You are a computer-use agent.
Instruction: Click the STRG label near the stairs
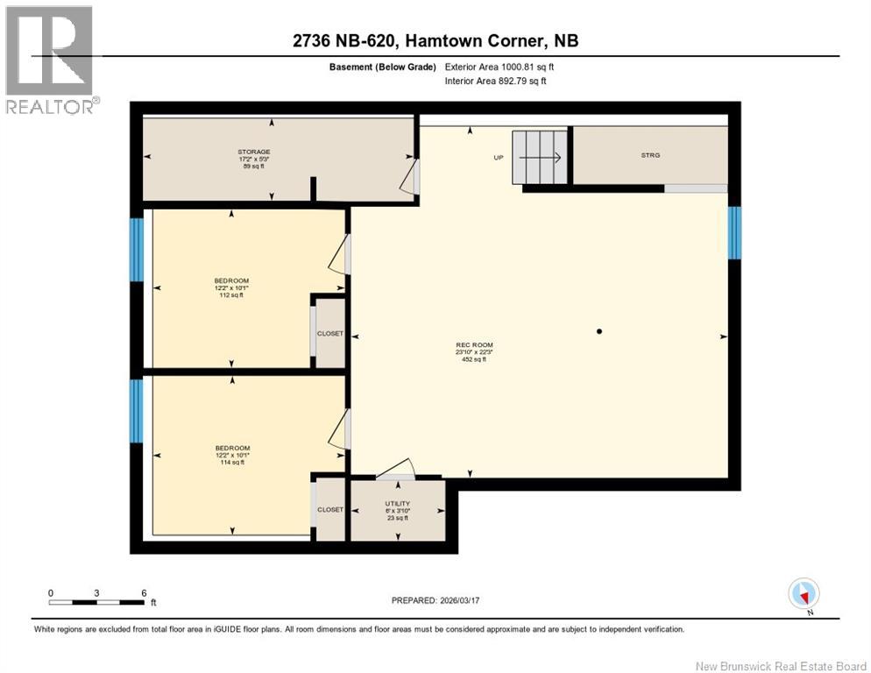click(649, 155)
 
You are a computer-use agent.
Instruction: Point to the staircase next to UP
click(541, 158)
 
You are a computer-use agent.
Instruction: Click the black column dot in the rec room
click(599, 331)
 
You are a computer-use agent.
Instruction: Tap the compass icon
click(804, 593)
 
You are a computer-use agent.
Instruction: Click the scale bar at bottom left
click(96, 601)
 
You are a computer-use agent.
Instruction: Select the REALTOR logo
click(50, 60)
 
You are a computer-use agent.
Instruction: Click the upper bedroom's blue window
click(137, 250)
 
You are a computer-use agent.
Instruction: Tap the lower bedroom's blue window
click(137, 410)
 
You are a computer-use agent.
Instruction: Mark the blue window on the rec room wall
click(734, 233)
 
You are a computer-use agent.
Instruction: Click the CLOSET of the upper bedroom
click(330, 334)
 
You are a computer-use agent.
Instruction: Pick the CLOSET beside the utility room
click(330, 509)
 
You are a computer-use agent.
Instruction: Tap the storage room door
click(408, 175)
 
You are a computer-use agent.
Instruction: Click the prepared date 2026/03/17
click(435, 600)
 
